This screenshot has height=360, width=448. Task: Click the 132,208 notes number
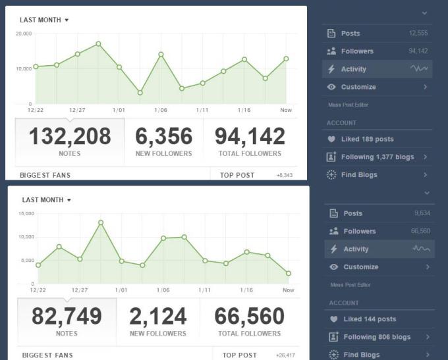[69, 136]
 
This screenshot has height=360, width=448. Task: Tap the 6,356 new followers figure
[163, 136]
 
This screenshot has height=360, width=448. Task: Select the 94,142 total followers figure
[250, 136]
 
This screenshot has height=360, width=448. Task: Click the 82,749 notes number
[67, 317]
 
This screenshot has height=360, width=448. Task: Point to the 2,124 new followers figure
[158, 317]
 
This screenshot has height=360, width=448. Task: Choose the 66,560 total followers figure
[249, 317]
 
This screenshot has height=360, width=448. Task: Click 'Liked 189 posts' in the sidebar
[367, 140]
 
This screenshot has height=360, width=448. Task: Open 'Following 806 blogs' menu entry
[377, 337]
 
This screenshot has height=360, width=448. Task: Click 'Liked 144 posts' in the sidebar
[370, 319]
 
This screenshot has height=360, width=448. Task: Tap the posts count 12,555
[418, 34]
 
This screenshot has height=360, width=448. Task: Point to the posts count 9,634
[422, 213]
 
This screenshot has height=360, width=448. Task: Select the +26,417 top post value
[285, 355]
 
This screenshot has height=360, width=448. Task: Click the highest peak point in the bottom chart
[101, 222]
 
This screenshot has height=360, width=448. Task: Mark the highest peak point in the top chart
[98, 43]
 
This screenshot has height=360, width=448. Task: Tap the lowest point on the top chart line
[140, 93]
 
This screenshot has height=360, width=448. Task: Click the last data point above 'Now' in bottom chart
[289, 273]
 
